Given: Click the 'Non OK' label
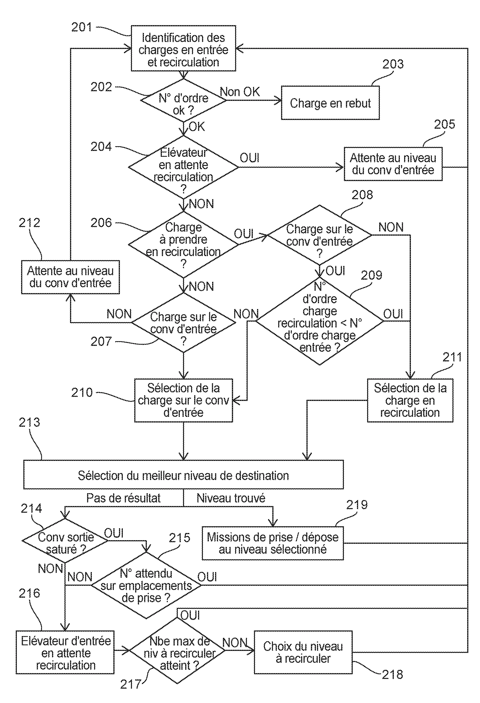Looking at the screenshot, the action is (x=240, y=92).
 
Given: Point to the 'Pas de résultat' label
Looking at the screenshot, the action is (x=123, y=498).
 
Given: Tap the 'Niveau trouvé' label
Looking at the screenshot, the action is (x=231, y=498).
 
